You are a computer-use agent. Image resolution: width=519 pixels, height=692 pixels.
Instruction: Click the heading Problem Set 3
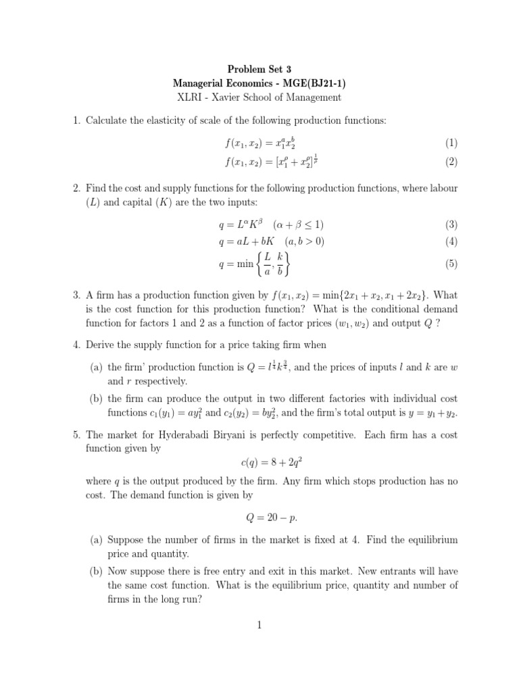259,69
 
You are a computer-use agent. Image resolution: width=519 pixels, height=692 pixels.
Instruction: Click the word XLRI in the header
191,97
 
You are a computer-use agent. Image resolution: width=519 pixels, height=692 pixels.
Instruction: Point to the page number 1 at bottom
259,625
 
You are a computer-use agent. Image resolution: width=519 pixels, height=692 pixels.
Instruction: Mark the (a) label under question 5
97,540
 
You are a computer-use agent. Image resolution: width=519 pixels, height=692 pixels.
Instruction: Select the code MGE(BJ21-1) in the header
313,83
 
